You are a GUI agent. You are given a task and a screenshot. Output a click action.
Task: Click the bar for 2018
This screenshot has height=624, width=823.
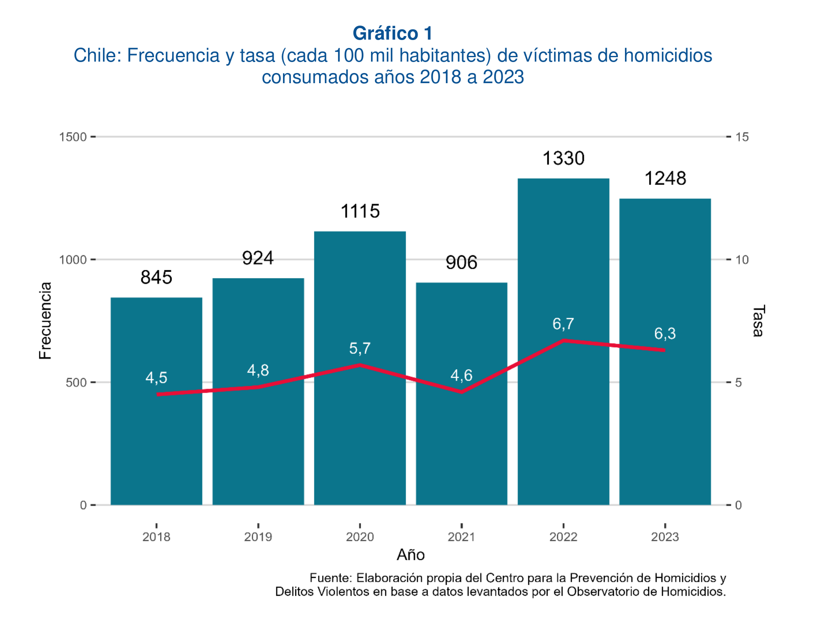pos(156,440)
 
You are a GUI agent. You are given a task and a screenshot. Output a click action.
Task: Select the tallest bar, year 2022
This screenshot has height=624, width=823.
pos(563,418)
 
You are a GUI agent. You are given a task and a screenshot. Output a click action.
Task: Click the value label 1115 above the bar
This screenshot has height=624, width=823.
pos(360,212)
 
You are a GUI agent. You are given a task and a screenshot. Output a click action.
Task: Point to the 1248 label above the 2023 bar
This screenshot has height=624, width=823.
pos(665,179)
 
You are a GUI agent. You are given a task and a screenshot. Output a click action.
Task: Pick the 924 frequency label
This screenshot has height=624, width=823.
pos(258,258)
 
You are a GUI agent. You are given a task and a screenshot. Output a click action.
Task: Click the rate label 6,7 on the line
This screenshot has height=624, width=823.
pos(563,324)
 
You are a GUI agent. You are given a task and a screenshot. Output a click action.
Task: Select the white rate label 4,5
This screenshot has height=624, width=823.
pos(156,378)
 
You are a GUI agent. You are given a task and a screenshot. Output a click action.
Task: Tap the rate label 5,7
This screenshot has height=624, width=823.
pos(360,349)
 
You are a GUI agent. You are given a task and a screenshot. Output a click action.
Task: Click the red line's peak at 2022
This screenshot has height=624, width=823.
pos(563,341)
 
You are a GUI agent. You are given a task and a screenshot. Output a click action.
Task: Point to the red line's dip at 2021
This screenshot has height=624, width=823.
pos(461,392)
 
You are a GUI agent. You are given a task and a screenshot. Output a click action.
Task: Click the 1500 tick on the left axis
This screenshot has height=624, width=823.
pos(73,137)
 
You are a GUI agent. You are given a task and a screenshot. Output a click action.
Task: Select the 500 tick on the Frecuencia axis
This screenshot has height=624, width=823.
pos(76,382)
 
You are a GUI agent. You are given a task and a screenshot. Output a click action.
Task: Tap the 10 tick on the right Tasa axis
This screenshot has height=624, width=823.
pos(742,260)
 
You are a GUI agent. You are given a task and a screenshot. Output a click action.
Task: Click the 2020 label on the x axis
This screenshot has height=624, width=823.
pos(360,537)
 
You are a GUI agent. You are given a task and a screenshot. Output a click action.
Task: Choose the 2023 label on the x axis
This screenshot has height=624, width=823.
pos(665,537)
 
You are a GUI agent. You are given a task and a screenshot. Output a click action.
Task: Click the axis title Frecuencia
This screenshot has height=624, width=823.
pos(45,320)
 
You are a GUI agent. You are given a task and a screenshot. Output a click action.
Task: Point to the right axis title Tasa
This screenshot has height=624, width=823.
pos(758,320)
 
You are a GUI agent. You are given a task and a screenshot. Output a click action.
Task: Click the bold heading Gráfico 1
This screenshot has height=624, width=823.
pos(393,33)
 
